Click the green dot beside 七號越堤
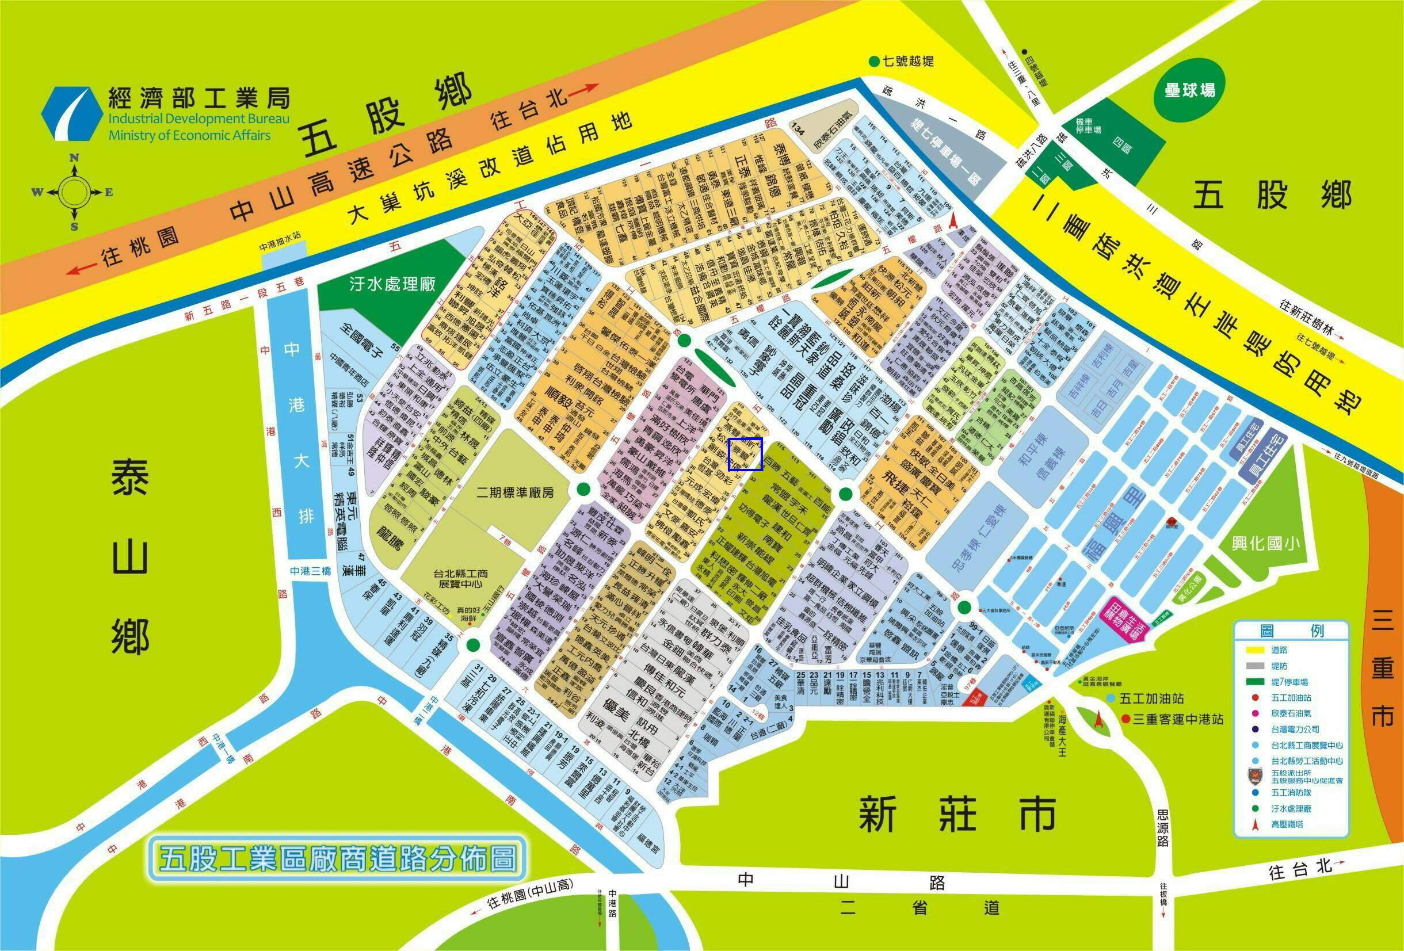[873, 62]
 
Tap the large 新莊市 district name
[957, 813]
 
